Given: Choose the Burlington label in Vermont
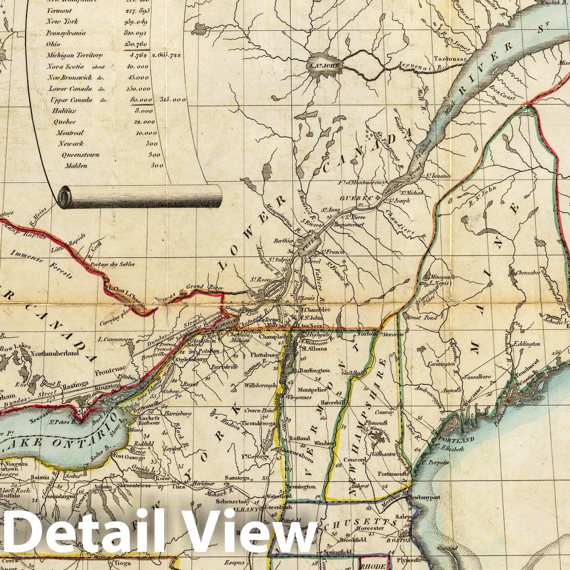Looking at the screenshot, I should point(315,370).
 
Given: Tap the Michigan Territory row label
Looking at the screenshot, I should point(74,55).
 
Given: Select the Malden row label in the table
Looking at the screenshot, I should point(76,166).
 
